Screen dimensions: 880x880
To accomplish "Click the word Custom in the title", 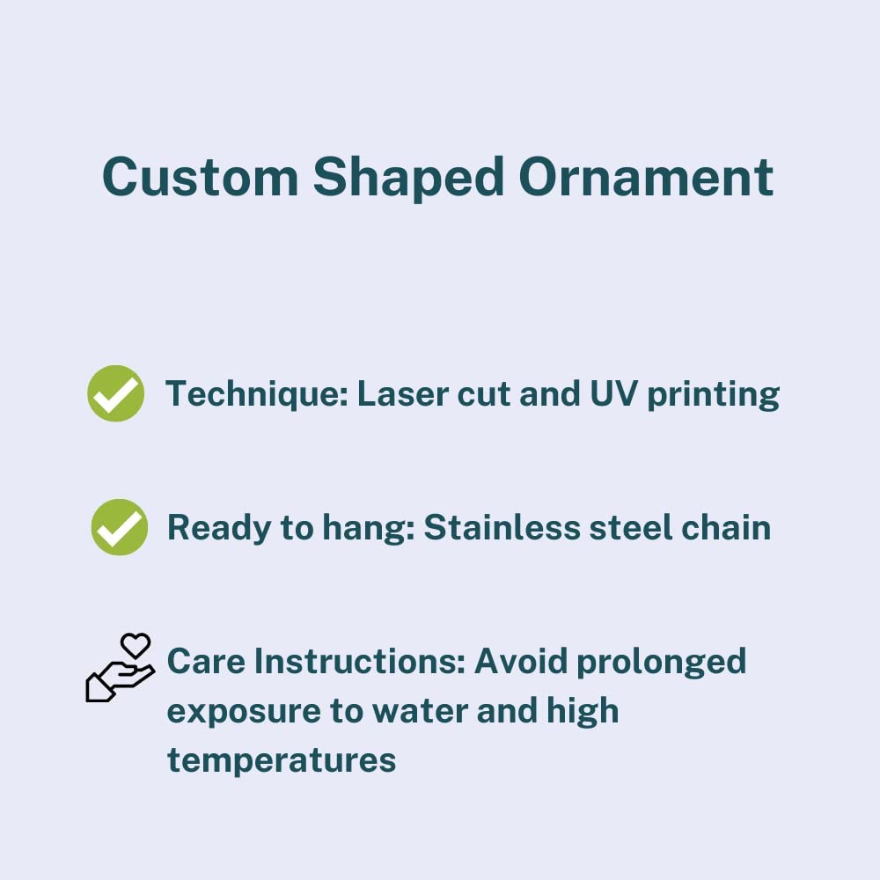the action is click(201, 177).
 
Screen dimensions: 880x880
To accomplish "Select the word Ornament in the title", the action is click(646, 177).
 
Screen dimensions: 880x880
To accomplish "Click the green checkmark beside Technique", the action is click(115, 392).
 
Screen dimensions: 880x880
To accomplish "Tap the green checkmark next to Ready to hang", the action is click(120, 527).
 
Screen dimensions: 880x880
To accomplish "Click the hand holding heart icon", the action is click(120, 668).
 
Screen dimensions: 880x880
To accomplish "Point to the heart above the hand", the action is click(136, 645).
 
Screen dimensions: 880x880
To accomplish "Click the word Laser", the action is click(402, 393).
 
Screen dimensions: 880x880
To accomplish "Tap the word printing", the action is click(714, 396).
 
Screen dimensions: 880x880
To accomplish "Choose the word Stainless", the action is click(502, 527).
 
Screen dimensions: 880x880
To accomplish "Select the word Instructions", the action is click(360, 661).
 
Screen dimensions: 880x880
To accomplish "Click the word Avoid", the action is click(520, 661).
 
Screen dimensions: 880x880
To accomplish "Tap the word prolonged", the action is click(661, 664).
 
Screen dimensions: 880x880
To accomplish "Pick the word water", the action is click(420, 711).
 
